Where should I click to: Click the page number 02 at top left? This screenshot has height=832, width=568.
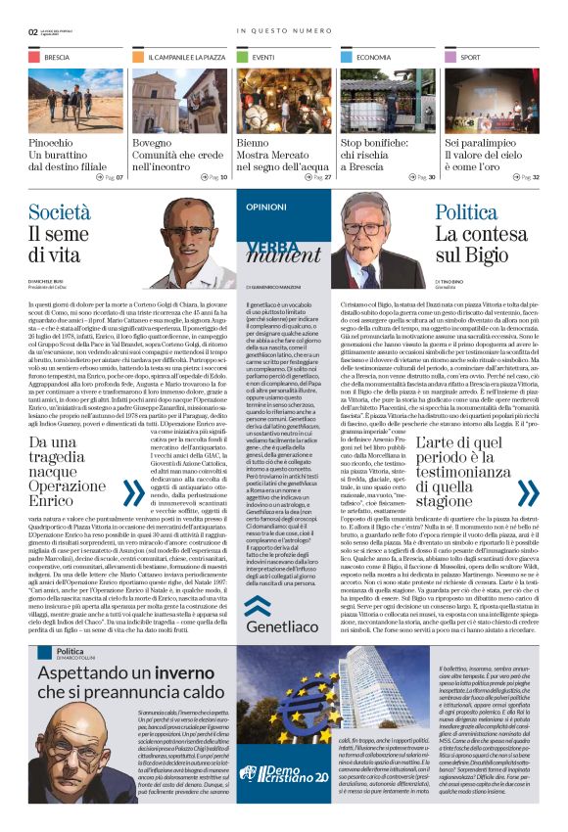click(x=32, y=31)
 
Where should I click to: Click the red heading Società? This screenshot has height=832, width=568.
click(x=60, y=212)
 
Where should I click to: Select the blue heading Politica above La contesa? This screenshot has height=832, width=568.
click(x=466, y=212)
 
